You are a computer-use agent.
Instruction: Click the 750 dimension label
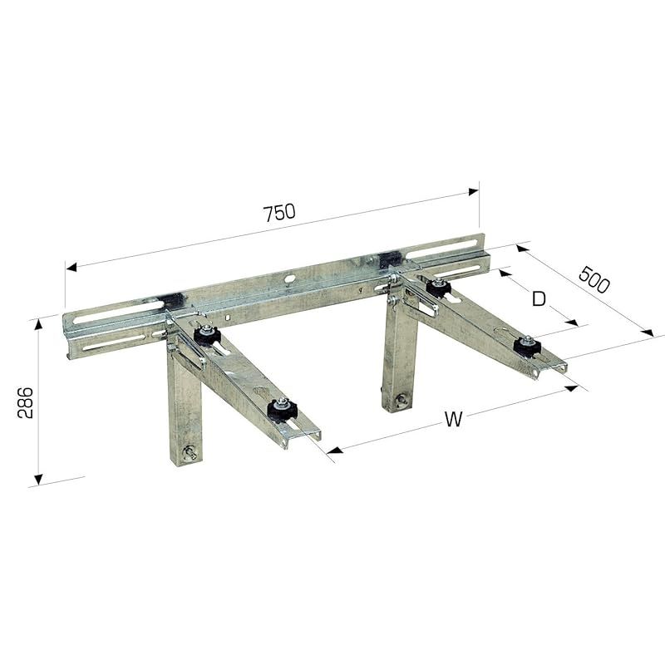pyautogui.click(x=279, y=213)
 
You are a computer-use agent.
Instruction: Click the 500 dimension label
pyautogui.click(x=594, y=279)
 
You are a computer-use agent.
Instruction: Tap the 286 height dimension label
pyautogui.click(x=26, y=402)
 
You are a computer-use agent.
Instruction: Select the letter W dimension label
pyautogui.click(x=453, y=420)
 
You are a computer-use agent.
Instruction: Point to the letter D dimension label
pyautogui.click(x=539, y=299)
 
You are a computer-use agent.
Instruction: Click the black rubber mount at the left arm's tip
pyautogui.click(x=282, y=410)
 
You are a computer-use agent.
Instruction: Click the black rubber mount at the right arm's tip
pyautogui.click(x=527, y=347)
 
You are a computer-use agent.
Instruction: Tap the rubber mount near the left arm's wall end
pyautogui.click(x=207, y=335)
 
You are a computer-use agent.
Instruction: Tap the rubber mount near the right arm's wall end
pyautogui.click(x=439, y=288)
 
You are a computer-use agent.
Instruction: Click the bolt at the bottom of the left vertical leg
pyautogui.click(x=190, y=453)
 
